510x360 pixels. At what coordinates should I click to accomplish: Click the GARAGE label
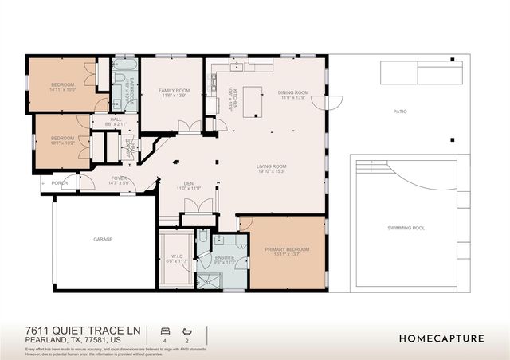click(103, 239)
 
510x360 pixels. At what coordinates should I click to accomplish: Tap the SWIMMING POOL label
click(406, 228)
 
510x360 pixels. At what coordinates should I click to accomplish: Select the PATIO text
click(399, 112)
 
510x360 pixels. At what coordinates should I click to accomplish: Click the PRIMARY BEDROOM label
click(287, 250)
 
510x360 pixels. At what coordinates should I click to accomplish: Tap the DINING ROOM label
click(292, 92)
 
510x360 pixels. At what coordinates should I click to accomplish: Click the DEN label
click(188, 183)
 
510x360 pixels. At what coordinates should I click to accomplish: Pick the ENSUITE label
click(226, 256)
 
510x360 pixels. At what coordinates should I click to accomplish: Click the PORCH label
click(61, 183)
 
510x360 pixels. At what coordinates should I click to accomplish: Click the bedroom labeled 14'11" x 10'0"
click(62, 85)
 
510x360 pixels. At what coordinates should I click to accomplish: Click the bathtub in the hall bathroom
click(124, 67)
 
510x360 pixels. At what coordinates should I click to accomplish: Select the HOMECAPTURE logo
click(441, 338)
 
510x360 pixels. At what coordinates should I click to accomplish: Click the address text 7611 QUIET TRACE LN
click(76, 330)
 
